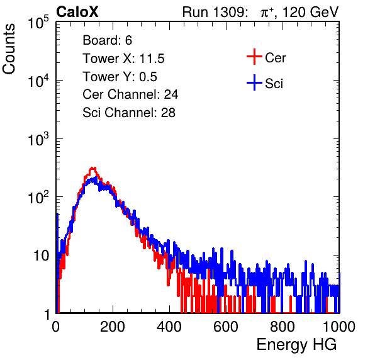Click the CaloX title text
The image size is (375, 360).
(77, 12)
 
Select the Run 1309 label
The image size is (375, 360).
(215, 12)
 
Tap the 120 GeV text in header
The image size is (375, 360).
(310, 12)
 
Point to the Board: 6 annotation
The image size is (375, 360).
(108, 40)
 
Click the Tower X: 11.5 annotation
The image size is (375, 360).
(123, 59)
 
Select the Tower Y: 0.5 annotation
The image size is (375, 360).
(120, 77)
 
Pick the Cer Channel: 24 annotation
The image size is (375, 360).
(130, 94)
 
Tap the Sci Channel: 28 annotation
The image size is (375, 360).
(129, 113)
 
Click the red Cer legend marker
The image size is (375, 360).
(254, 57)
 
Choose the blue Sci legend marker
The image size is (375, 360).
(254, 83)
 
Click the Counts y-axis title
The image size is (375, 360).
(9, 49)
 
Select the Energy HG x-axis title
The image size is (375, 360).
(296, 345)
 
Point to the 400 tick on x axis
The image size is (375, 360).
(169, 327)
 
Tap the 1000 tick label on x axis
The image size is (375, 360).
(339, 327)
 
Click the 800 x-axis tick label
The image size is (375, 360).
(283, 327)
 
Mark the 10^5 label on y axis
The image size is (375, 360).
(38, 23)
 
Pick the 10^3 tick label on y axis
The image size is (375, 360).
(38, 139)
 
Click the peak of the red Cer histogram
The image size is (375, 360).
(94, 168)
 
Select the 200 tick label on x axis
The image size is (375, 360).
(113, 327)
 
